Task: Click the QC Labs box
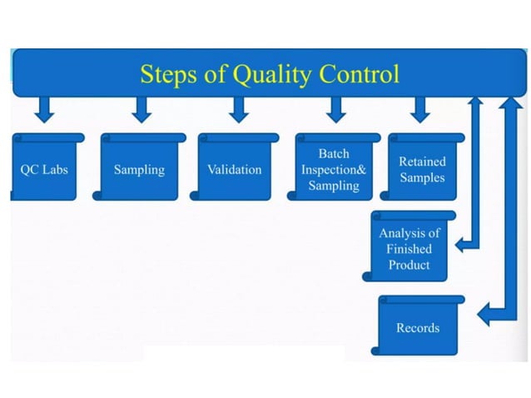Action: tap(46, 169)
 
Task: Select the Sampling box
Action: tap(139, 169)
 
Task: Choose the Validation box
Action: tap(235, 169)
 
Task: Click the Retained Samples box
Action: tap(422, 169)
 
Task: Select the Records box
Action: tap(418, 327)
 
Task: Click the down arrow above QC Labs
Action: tap(44, 109)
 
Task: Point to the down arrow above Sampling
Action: tap(141, 109)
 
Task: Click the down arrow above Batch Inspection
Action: tap(336, 109)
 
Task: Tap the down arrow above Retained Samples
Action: tap(419, 109)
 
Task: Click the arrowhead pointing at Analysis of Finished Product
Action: tap(462, 245)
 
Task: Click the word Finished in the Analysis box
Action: tap(409, 249)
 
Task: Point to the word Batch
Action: tap(334, 154)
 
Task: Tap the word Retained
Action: tap(422, 162)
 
